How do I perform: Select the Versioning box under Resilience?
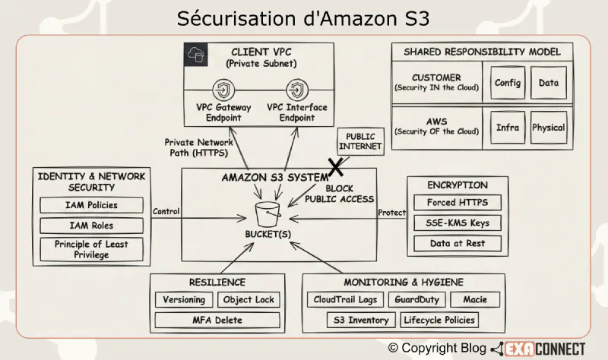click(x=183, y=299)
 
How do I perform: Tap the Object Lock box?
click(x=249, y=299)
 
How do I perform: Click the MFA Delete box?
click(x=217, y=320)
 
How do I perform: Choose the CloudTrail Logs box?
click(x=345, y=299)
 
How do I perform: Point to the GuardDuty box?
click(x=416, y=299)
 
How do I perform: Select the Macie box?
click(x=474, y=299)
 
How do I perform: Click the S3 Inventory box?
click(x=362, y=320)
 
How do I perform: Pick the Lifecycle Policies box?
click(x=440, y=320)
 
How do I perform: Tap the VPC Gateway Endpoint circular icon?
click(x=223, y=89)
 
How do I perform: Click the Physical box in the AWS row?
click(x=548, y=128)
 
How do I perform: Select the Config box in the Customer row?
click(x=507, y=83)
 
